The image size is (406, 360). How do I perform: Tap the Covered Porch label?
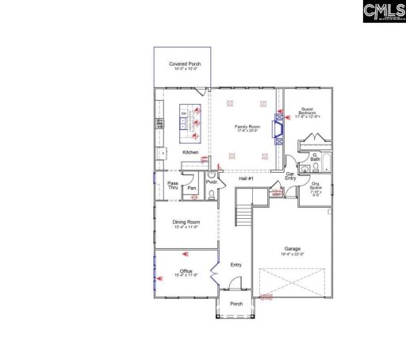(184, 66)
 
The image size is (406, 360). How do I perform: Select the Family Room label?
(247, 126)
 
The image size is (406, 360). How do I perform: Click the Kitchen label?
(190, 152)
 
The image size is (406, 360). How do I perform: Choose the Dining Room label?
(187, 224)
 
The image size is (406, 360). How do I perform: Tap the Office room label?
(186, 273)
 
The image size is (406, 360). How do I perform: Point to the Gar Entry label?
(290, 175)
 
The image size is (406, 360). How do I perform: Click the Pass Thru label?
(172, 186)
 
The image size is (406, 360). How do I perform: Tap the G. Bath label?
(315, 158)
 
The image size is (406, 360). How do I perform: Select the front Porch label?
(236, 304)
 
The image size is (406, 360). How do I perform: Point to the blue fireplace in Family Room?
(277, 126)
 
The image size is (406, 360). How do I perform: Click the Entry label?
(236, 265)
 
